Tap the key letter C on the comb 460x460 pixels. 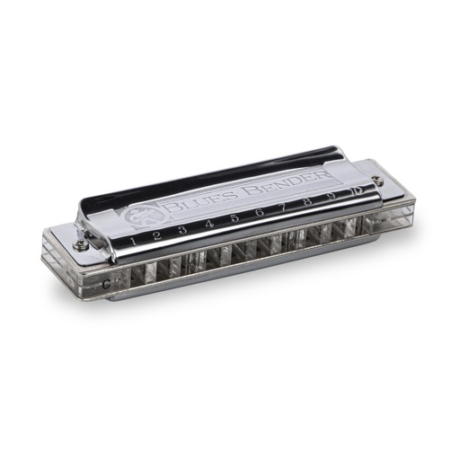tap(107, 285)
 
